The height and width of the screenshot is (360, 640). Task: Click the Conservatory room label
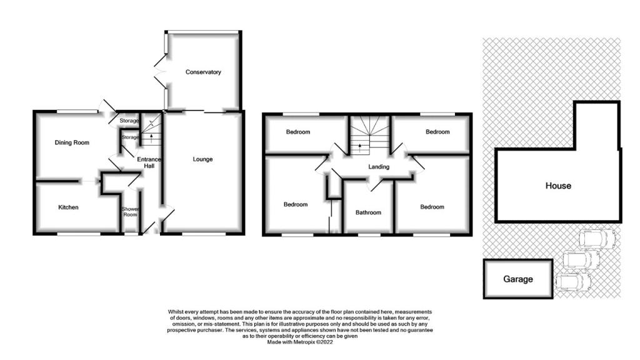[203, 72]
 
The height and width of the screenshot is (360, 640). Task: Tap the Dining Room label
[72, 142]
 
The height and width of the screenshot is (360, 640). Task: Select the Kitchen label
[68, 207]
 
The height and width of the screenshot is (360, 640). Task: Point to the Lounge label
[203, 159]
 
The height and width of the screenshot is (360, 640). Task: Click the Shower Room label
[130, 212]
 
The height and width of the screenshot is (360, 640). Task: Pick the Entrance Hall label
[149, 162]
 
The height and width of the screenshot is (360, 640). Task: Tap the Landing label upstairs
[379, 167]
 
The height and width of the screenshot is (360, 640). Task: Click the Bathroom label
[368, 212]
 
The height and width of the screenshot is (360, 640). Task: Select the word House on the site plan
[558, 186]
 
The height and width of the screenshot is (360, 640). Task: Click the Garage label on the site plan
[518, 279]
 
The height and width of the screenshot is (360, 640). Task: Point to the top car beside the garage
[598, 238]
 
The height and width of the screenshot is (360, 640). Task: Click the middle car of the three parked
[582, 259]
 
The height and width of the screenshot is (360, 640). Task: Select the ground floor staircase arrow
[151, 138]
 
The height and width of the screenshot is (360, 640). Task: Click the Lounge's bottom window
[204, 234]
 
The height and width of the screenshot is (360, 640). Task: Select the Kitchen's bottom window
[79, 234]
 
